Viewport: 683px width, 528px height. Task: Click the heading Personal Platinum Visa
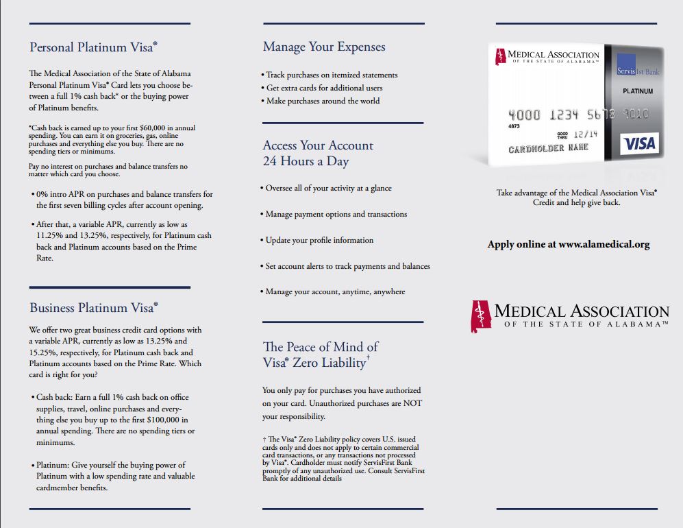93,47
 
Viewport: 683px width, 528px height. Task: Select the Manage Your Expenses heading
324,47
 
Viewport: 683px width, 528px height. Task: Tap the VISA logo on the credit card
640,143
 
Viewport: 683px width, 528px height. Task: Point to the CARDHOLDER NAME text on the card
548,149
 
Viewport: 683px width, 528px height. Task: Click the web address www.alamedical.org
604,244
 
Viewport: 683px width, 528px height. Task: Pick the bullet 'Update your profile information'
319,240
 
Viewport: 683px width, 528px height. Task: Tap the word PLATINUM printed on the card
637,91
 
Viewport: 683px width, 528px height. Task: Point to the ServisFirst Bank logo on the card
637,71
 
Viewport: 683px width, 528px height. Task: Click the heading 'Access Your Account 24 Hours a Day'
318,153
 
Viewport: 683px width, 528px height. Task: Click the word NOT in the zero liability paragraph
412,403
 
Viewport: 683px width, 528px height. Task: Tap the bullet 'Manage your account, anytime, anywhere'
334,291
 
